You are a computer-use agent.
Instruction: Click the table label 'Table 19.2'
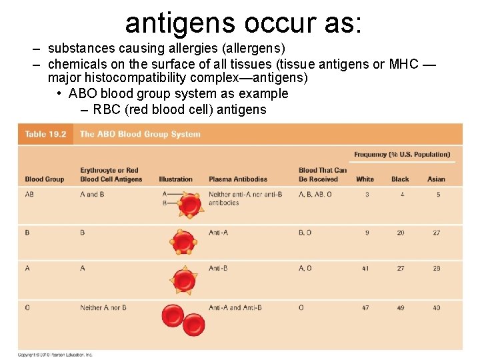(45, 134)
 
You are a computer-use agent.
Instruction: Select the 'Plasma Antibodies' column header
(237, 179)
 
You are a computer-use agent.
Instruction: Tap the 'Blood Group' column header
(44, 179)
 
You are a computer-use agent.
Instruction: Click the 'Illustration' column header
(175, 179)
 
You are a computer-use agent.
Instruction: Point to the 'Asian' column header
(436, 179)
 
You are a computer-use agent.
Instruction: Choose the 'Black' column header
(400, 179)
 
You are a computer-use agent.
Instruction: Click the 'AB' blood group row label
(30, 195)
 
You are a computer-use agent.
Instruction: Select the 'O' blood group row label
(27, 308)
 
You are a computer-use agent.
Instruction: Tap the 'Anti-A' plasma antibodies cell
(218, 233)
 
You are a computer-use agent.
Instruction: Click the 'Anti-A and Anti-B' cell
(235, 308)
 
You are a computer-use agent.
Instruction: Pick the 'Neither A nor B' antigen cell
(103, 308)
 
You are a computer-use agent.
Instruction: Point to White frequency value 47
(366, 308)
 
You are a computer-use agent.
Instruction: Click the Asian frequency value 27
(437, 233)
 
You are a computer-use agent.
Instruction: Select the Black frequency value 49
(400, 308)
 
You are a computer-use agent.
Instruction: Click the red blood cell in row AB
(189, 205)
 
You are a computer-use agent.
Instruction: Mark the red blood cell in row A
(183, 279)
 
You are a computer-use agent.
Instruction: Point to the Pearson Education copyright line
(55, 355)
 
